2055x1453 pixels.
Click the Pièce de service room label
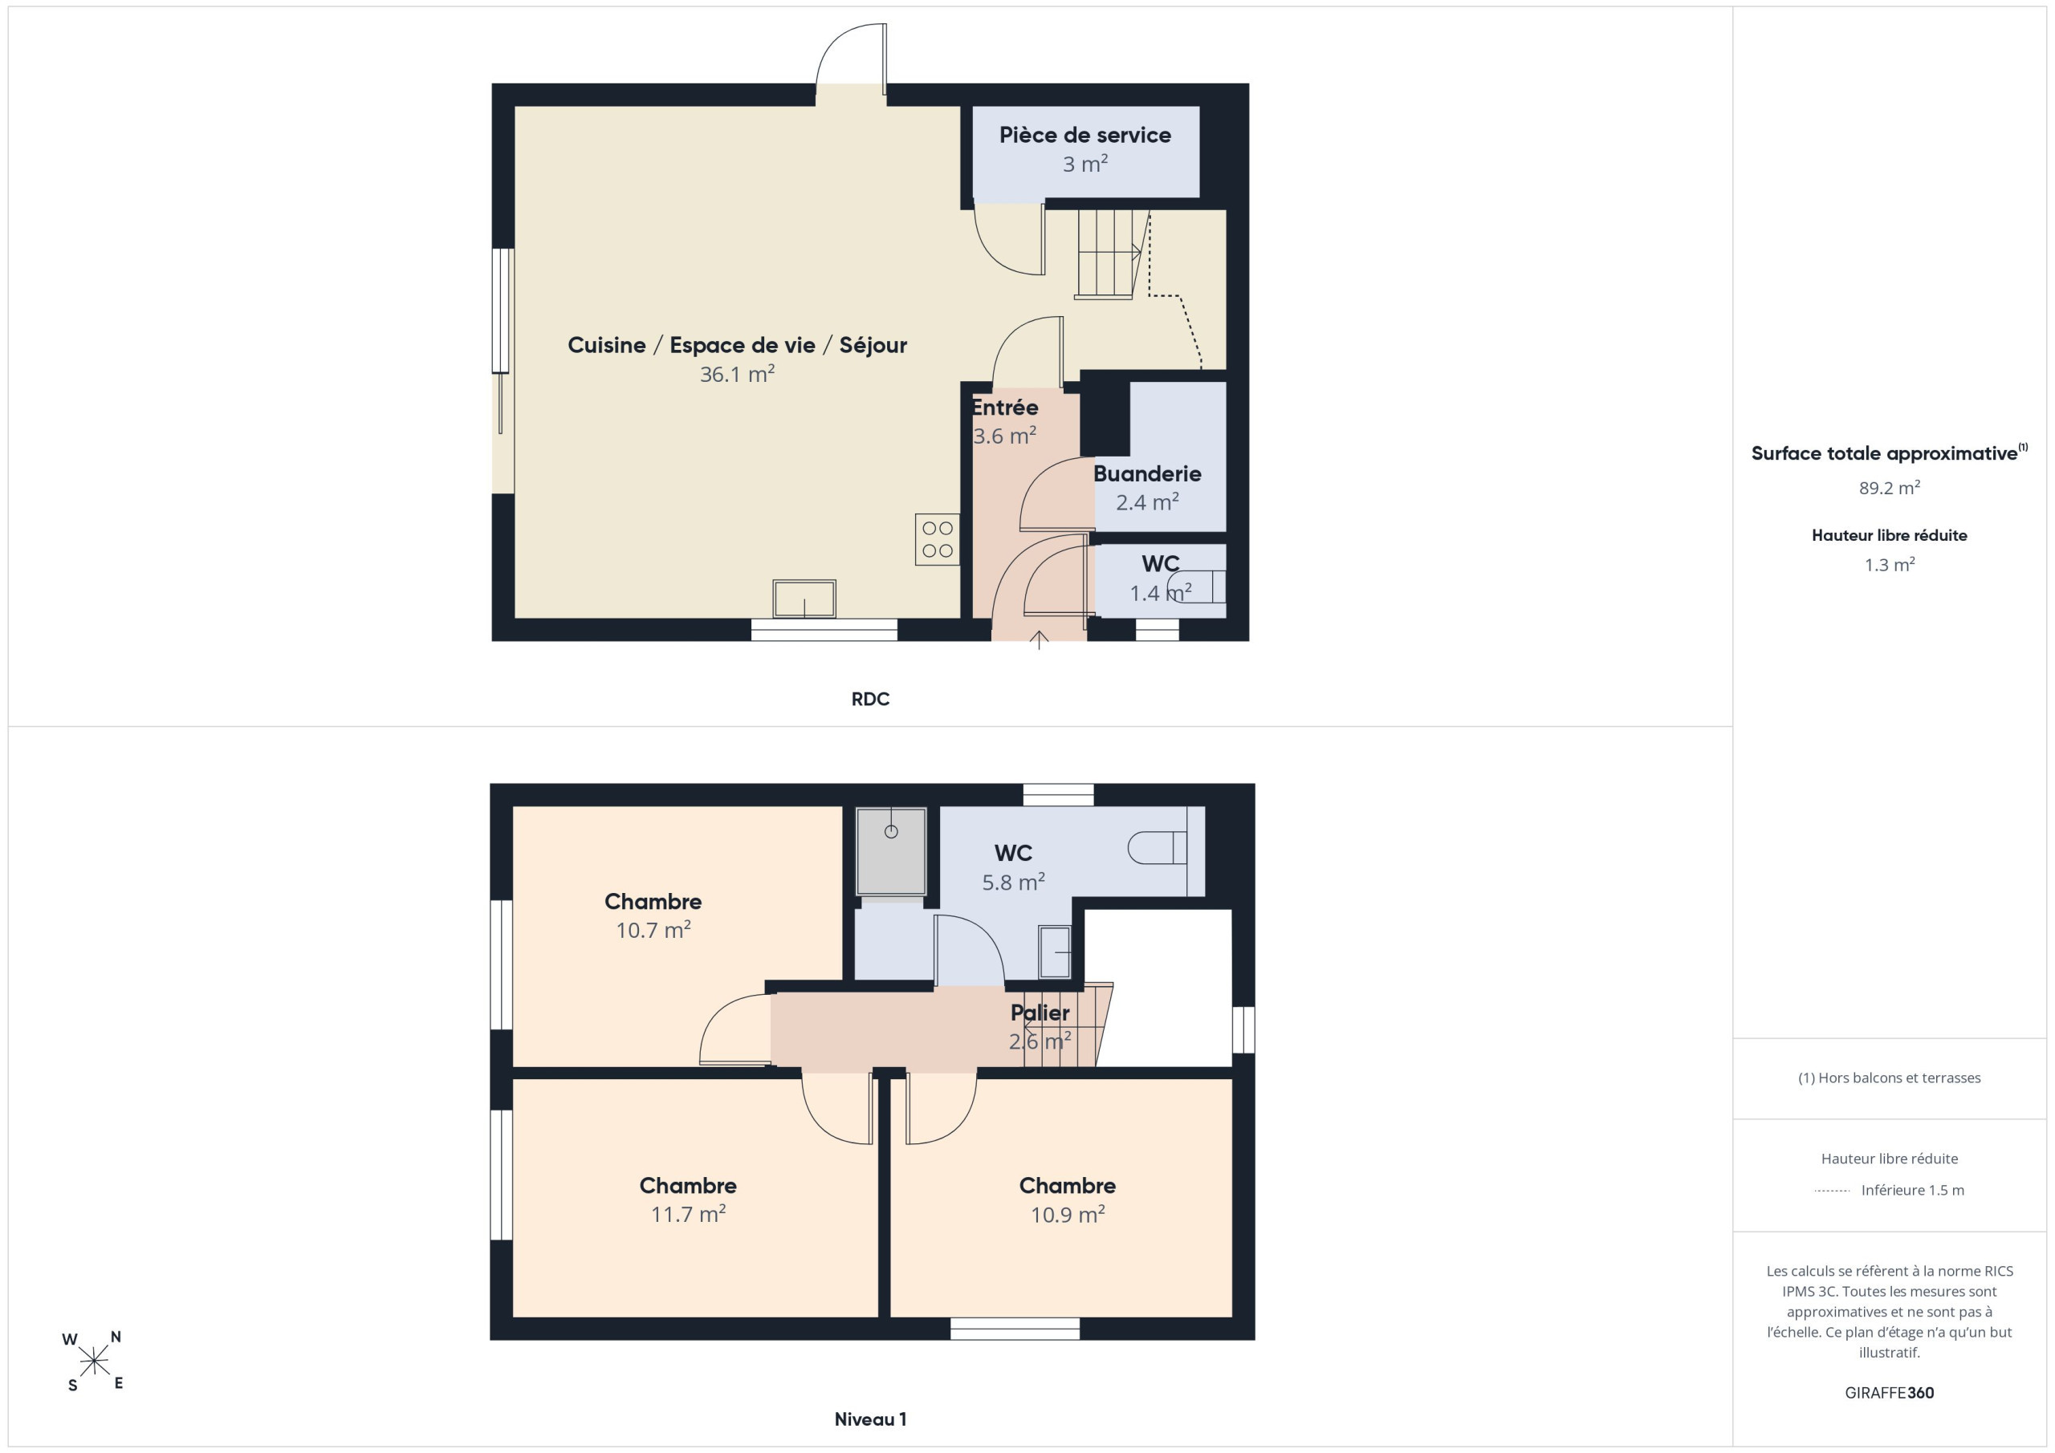pyautogui.click(x=1084, y=135)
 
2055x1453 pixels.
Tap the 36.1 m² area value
pyautogui.click(x=737, y=374)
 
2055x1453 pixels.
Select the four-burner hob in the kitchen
pyautogui.click(x=937, y=539)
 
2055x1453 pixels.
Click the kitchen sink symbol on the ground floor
pyautogui.click(x=804, y=599)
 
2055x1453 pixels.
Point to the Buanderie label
pyautogui.click(x=1146, y=473)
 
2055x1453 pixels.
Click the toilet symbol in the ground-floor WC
pyautogui.click(x=1197, y=586)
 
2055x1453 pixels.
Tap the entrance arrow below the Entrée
pyautogui.click(x=1038, y=639)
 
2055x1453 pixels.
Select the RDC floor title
pyautogui.click(x=870, y=699)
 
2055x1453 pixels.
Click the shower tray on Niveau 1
pyautogui.click(x=890, y=851)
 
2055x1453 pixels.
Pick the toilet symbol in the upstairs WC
pyautogui.click(x=1158, y=847)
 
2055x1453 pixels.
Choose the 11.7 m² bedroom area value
pyautogui.click(x=687, y=1214)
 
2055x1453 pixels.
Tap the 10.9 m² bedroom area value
pyautogui.click(x=1067, y=1214)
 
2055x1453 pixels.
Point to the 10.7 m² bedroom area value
pyautogui.click(x=653, y=930)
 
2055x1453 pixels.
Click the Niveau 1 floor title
pyautogui.click(x=870, y=1419)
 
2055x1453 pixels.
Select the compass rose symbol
pyautogui.click(x=93, y=1362)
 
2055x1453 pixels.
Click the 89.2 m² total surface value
pyautogui.click(x=1889, y=488)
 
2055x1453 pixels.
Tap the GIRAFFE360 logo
pyautogui.click(x=1889, y=1393)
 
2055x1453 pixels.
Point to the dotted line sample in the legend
pyautogui.click(x=1832, y=1191)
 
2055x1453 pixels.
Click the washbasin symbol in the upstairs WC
pyautogui.click(x=1054, y=952)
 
